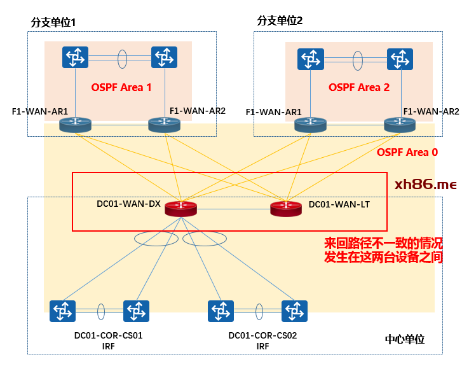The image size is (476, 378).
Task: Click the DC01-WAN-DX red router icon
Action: pos(181,208)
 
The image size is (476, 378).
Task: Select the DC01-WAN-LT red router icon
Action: pos(286,207)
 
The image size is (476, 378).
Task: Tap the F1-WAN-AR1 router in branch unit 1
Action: pos(75,125)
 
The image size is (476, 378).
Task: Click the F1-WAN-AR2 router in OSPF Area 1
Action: pos(164,125)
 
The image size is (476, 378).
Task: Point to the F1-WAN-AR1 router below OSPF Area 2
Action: pos(310,125)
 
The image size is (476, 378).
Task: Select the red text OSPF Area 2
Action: pos(359,87)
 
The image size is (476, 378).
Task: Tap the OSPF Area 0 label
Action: pos(407,153)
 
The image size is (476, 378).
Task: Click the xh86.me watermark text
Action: pos(425,185)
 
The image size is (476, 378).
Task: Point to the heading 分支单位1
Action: pos(53,22)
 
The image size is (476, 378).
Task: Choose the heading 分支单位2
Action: pos(280,20)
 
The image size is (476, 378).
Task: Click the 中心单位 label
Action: pos(405,339)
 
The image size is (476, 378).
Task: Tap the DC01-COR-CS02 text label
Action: pos(262,335)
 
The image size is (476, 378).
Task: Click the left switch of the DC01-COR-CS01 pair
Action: pos(62,311)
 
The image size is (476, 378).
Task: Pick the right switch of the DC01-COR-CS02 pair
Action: pos(294,311)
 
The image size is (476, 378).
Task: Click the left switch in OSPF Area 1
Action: pos(75,58)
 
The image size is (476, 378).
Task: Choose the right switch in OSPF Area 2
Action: pos(399,59)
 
